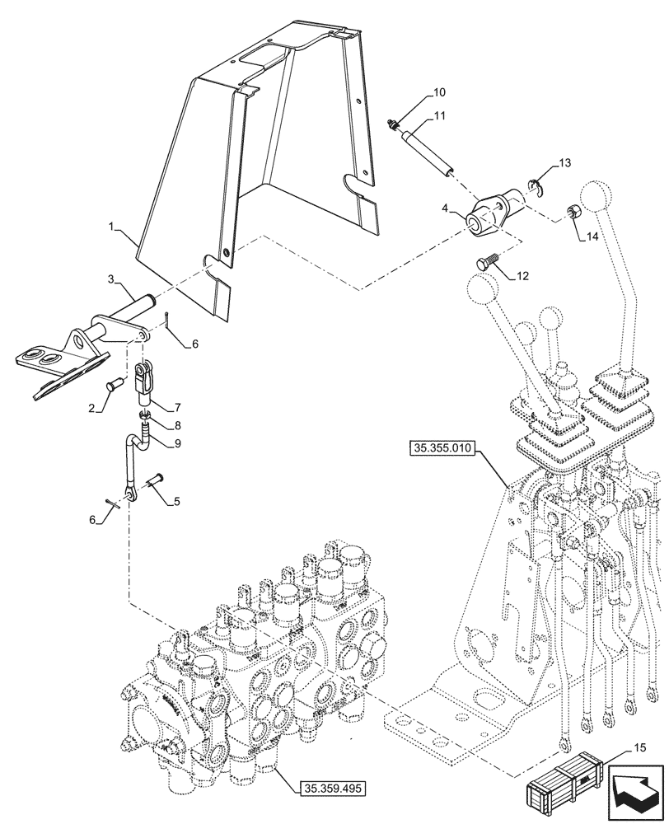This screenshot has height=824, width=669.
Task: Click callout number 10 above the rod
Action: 438,92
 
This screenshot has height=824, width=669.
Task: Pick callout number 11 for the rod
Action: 438,116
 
